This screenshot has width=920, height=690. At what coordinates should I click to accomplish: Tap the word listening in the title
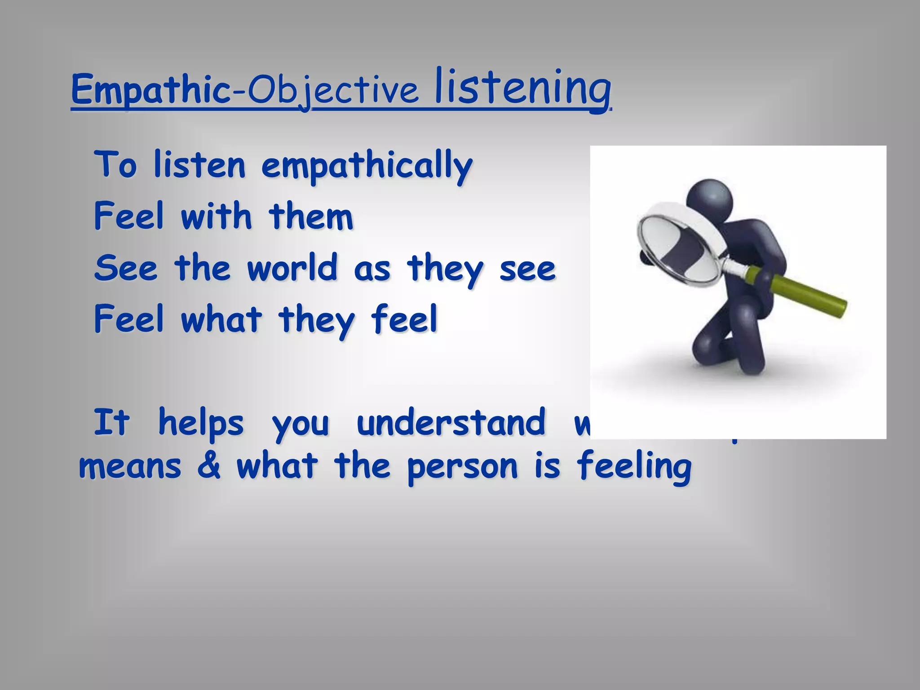(x=522, y=88)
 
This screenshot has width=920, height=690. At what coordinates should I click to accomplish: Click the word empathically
(x=367, y=166)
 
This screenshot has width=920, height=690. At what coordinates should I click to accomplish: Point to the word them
(x=311, y=217)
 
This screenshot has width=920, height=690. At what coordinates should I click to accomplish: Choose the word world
(x=292, y=268)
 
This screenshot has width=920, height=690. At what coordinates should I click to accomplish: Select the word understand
(x=451, y=423)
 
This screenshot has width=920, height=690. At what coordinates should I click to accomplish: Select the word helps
(x=201, y=423)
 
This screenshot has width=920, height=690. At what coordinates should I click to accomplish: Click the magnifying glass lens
(x=678, y=244)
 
